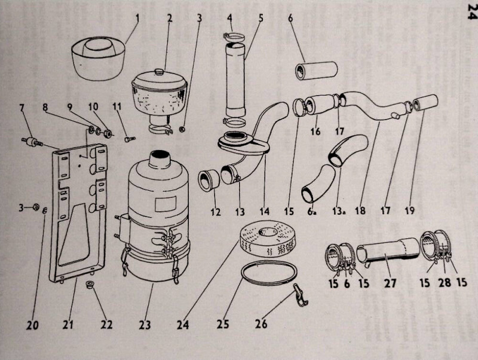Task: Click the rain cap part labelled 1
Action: click(x=98, y=58)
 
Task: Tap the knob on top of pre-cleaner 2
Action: click(x=159, y=72)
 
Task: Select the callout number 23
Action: click(x=145, y=325)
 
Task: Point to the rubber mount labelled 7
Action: click(x=32, y=142)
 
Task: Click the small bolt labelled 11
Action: click(x=130, y=139)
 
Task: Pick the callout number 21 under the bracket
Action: click(x=68, y=324)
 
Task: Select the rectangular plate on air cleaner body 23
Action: click(x=166, y=204)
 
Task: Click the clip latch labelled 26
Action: click(x=300, y=295)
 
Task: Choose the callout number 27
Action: click(x=390, y=283)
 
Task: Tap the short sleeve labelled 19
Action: click(x=425, y=102)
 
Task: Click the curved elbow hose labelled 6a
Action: click(x=318, y=183)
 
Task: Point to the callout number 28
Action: click(x=445, y=282)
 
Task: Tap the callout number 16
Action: click(x=315, y=131)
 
